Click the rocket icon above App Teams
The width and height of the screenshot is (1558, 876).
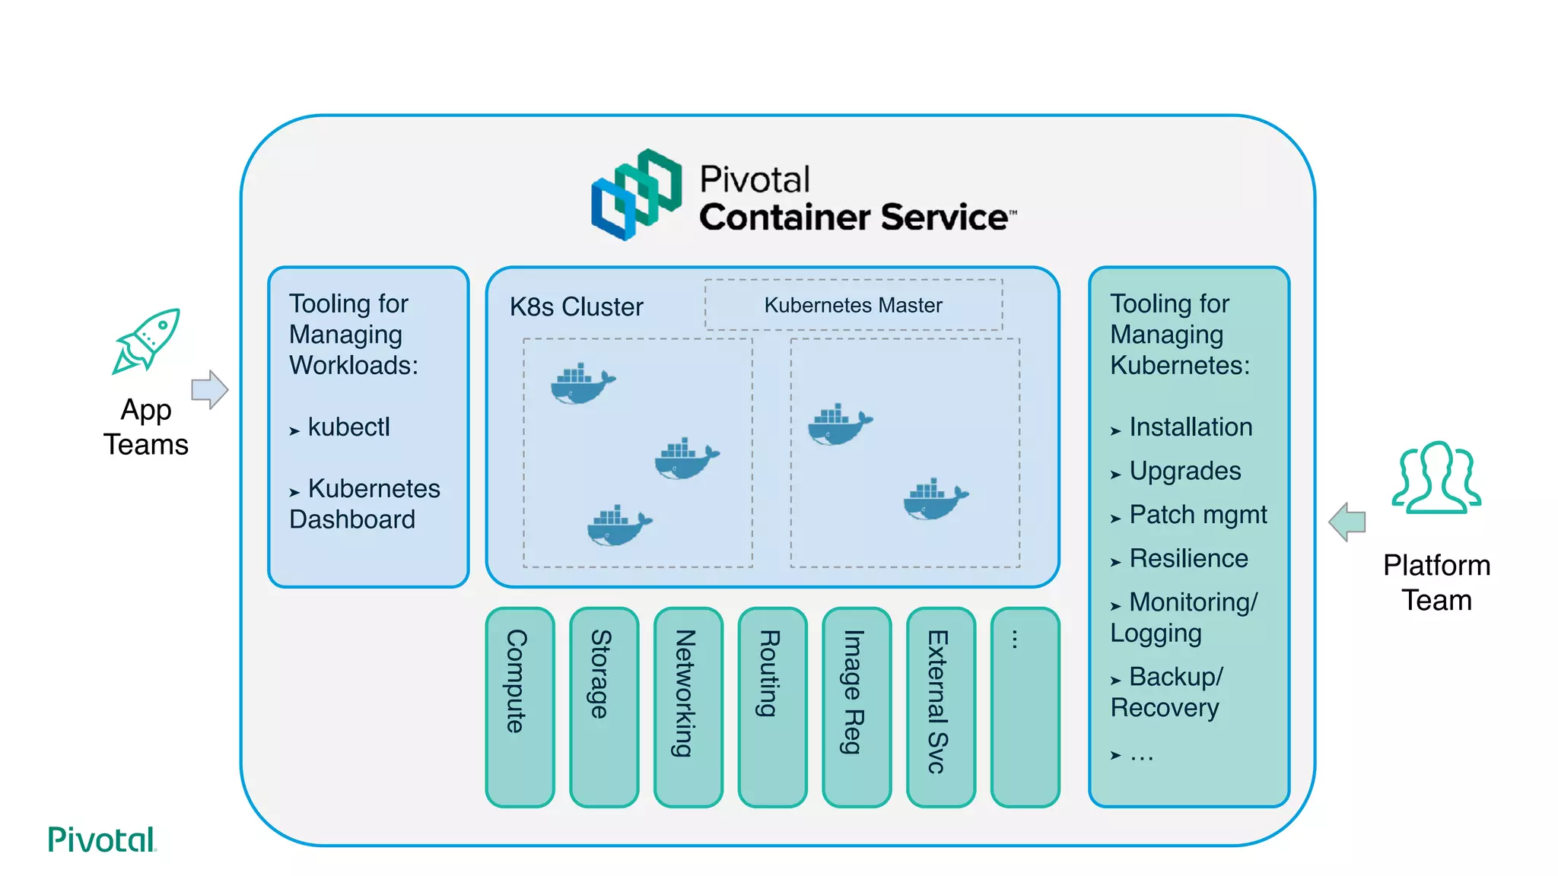pyautogui.click(x=147, y=341)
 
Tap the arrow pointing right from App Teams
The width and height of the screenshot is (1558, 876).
pyautogui.click(x=209, y=390)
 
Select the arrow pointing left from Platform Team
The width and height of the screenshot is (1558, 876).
pyautogui.click(x=1347, y=522)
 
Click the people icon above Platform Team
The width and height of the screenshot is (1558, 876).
pyautogui.click(x=1436, y=478)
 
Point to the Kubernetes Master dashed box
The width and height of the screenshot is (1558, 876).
pyautogui.click(x=853, y=305)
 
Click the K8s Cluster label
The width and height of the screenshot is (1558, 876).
pyautogui.click(x=576, y=307)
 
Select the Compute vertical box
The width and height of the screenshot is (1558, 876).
pyautogui.click(x=520, y=707)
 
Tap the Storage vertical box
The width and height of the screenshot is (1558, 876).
pyautogui.click(x=604, y=707)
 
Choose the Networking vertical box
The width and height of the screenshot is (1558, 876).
pyautogui.click(x=688, y=707)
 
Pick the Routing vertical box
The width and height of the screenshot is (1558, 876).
pyautogui.click(x=772, y=707)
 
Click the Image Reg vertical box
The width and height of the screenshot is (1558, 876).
pyautogui.click(x=857, y=707)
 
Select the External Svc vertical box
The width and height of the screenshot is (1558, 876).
pyautogui.click(x=941, y=707)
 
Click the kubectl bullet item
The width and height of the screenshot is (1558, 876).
pyautogui.click(x=348, y=427)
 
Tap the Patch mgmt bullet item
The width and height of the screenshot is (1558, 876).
pyautogui.click(x=1197, y=515)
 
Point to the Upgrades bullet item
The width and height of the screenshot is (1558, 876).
pyautogui.click(x=1184, y=471)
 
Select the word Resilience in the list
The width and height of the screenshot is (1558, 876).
pyautogui.click(x=1188, y=559)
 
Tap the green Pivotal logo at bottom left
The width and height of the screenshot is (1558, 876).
pyautogui.click(x=102, y=839)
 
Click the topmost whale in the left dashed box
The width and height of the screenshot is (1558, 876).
pyautogui.click(x=582, y=384)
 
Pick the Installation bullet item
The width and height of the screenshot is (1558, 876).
pyautogui.click(x=1190, y=427)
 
